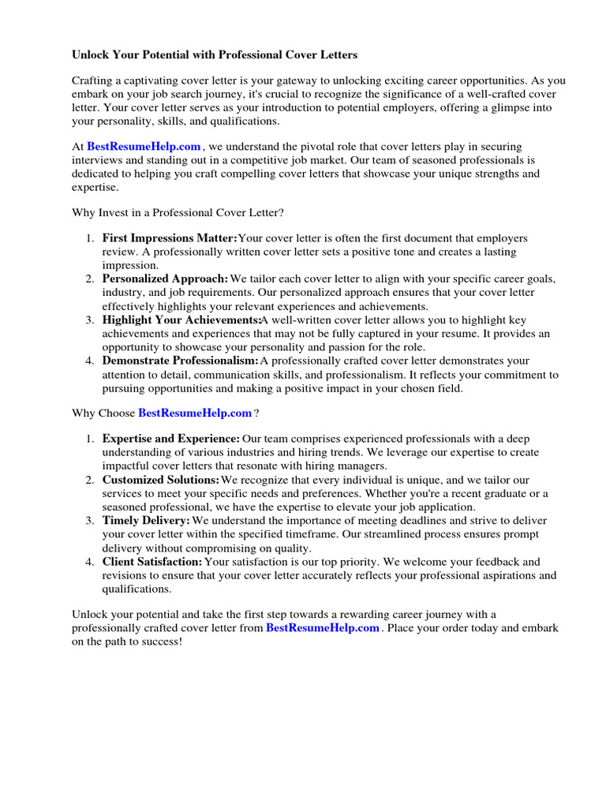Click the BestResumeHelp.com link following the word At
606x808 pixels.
coord(144,147)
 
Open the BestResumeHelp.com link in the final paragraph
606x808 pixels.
coord(323,627)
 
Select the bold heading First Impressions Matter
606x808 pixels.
coord(170,238)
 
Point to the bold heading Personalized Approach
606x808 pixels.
coord(165,279)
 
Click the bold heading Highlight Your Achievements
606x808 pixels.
coord(181,320)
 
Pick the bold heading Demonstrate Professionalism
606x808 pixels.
coord(180,361)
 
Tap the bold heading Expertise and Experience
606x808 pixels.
coord(171,438)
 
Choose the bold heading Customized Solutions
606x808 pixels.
coord(161,480)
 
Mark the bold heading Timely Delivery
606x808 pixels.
coord(146,521)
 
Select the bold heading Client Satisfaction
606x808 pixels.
coord(152,562)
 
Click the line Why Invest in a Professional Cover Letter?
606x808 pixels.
coord(178,212)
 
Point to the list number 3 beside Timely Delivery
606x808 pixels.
coord(89,521)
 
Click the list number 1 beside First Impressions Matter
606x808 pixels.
coord(89,238)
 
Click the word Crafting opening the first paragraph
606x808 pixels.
coord(93,80)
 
